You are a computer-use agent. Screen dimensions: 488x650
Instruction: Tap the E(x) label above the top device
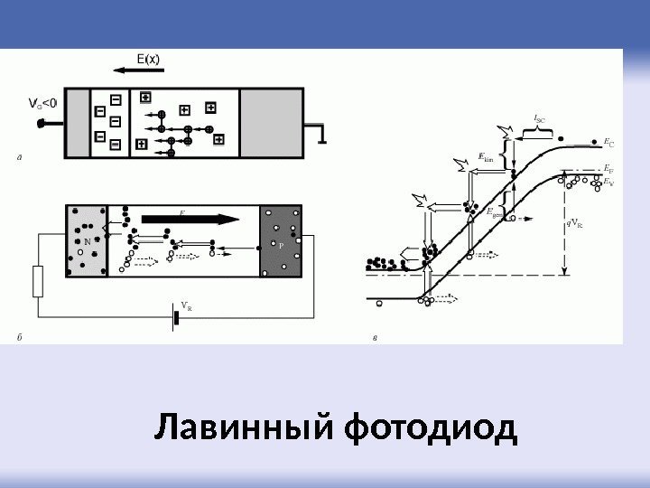coord(149,60)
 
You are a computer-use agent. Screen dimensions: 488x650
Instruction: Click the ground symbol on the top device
coord(320,135)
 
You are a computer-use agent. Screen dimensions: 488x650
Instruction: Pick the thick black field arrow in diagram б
coord(190,218)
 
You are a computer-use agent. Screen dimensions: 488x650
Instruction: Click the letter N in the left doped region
coord(87,242)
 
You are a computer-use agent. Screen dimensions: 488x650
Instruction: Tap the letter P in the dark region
coord(281,245)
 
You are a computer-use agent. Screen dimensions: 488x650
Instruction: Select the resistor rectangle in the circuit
coord(38,282)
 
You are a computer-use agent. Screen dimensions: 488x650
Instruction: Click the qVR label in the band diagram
coord(574,222)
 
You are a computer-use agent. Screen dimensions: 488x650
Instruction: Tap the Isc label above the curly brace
coord(540,117)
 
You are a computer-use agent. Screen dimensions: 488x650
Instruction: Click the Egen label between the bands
coord(494,212)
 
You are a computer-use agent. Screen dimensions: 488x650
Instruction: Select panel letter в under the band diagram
coord(375,339)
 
